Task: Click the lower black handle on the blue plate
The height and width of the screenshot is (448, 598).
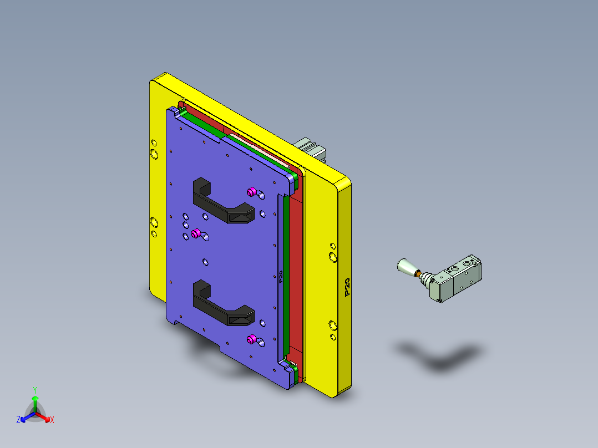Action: click(222, 307)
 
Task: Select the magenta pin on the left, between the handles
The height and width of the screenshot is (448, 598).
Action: click(195, 233)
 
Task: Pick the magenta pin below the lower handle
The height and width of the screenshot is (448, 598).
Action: click(251, 338)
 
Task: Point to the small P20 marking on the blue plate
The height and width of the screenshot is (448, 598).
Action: click(281, 277)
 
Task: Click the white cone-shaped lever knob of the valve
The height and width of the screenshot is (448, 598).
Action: click(406, 267)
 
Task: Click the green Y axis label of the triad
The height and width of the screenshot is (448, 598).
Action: click(34, 390)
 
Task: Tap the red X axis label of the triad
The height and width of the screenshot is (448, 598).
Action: click(52, 420)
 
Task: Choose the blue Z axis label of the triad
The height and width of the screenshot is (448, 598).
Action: click(18, 420)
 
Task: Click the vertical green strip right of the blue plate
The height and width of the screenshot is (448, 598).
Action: click(286, 272)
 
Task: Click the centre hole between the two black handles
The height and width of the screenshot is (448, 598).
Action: click(205, 261)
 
